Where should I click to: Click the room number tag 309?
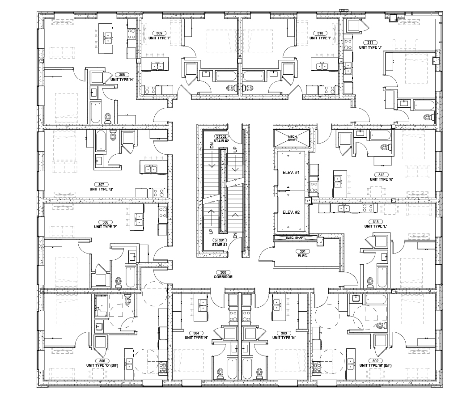pos(159,33)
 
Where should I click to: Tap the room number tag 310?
pos(320,33)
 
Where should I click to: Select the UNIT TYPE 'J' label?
pos(370,47)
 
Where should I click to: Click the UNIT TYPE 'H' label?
pos(122,80)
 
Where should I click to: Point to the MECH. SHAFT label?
pos(293,138)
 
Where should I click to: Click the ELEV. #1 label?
pos(291,173)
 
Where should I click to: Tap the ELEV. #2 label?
pos(291,212)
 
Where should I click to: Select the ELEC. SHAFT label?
pos(295,237)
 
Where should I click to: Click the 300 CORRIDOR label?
pos(223,275)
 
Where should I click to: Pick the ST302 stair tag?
pos(221,136)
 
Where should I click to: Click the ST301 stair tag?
pos(219,240)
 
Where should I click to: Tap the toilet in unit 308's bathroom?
pos(108,118)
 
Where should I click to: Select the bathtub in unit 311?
pos(424,106)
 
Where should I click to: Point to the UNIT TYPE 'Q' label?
pos(102,189)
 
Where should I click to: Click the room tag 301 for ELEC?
pos(303,251)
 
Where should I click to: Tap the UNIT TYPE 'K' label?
pos(381,179)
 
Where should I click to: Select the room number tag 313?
pos(376,222)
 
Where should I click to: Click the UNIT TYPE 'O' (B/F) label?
pos(102,365)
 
